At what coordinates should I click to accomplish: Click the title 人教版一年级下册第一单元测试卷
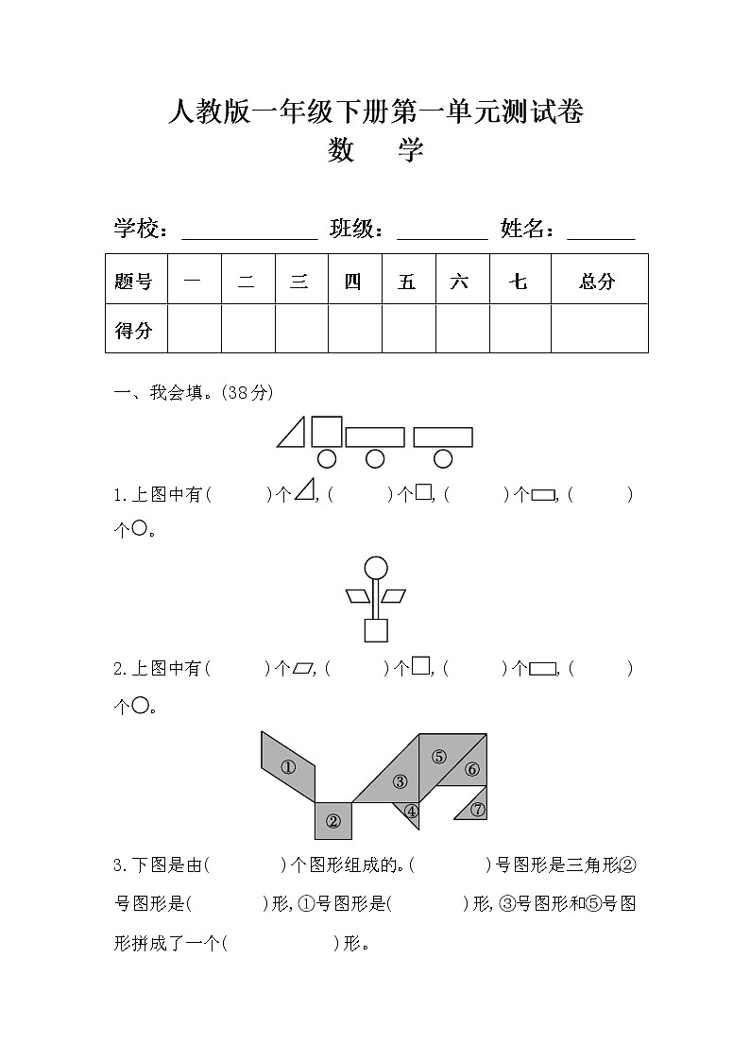375,112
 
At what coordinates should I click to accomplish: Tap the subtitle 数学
375,149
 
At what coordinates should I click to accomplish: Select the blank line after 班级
442,232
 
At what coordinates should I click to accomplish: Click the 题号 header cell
134,281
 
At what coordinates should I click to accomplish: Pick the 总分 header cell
597,281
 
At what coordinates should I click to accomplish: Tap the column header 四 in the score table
353,281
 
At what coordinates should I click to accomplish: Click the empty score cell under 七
519,329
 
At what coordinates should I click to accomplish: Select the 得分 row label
134,330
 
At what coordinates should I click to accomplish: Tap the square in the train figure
327,431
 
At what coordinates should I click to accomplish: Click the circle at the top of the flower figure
376,568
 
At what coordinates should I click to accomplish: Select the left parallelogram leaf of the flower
358,595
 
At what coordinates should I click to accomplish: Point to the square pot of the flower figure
376,630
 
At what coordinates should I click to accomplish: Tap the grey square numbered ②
332,820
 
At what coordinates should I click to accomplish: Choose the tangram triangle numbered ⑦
475,807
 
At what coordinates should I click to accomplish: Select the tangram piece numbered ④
411,812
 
